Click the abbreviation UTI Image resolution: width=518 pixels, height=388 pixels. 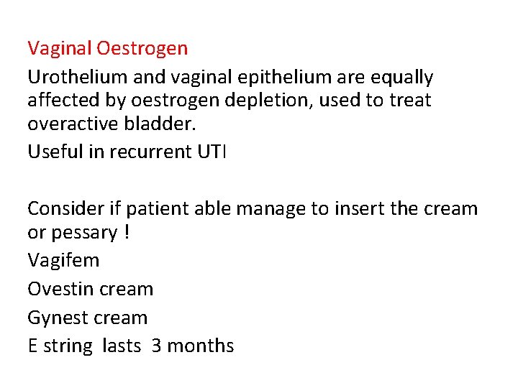pos(210,152)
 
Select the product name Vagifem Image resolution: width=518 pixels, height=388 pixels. pos(63,260)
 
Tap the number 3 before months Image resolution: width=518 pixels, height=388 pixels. pos(156,346)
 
